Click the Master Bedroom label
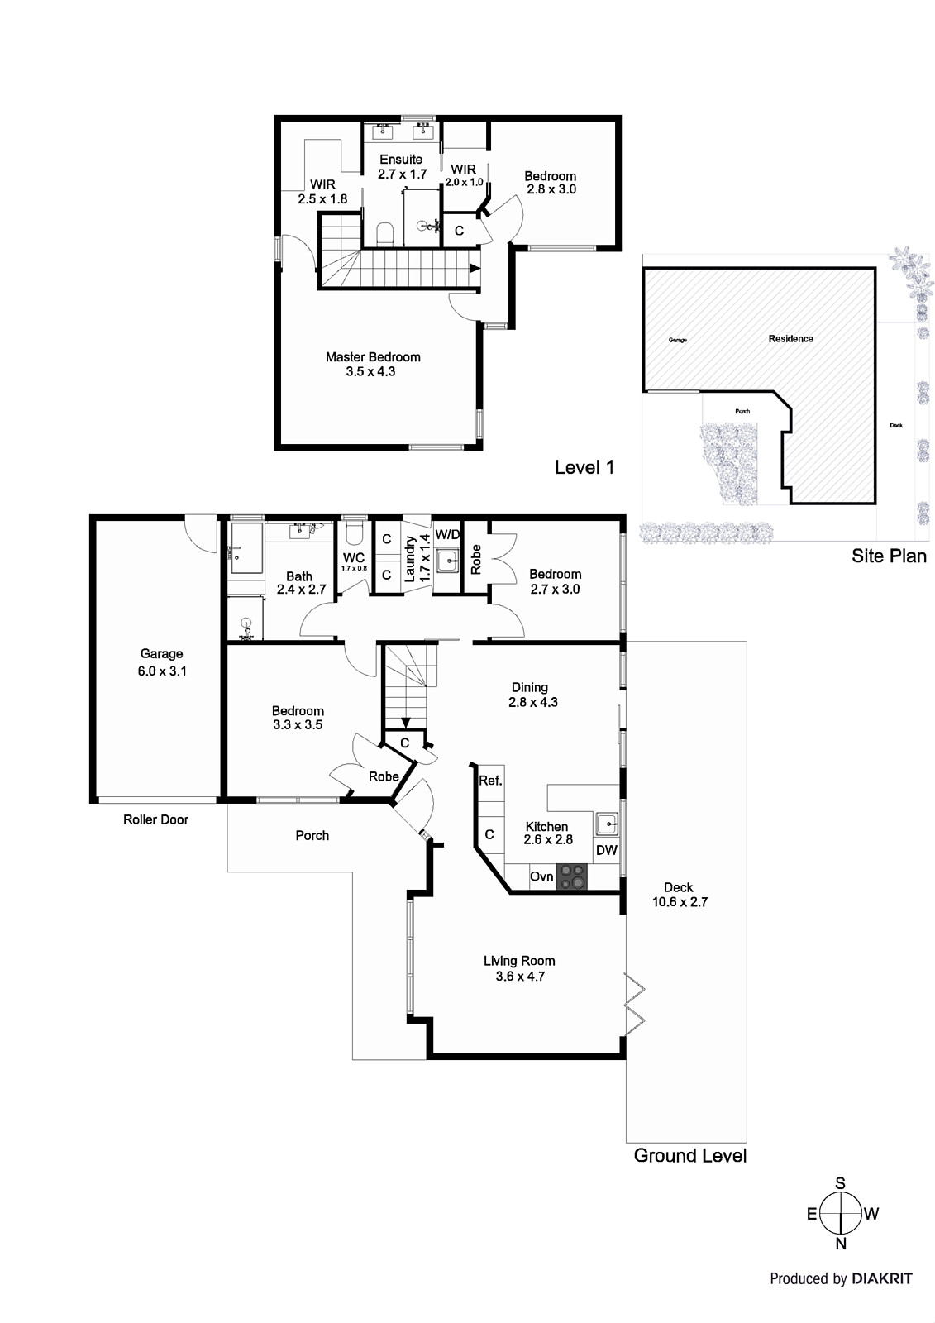click(372, 357)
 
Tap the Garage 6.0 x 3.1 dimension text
click(162, 671)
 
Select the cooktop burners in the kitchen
click(570, 876)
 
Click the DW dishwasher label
click(606, 850)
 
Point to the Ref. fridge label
click(490, 781)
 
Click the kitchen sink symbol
click(607, 823)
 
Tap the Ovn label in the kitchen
click(541, 876)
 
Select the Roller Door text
click(155, 819)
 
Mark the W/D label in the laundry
click(447, 534)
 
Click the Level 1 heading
click(584, 467)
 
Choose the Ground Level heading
click(689, 1155)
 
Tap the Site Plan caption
click(889, 556)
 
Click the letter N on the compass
click(841, 1244)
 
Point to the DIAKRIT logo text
click(881, 1278)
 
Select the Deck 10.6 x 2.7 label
click(680, 895)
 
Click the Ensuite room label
click(401, 159)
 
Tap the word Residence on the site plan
click(790, 339)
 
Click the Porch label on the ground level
click(312, 836)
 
